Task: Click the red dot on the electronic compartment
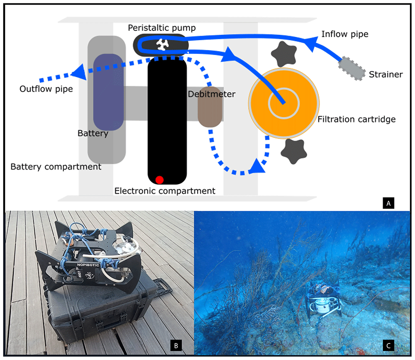tap(159, 180)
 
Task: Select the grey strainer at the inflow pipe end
tap(352, 68)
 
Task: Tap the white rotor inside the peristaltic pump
tap(162, 44)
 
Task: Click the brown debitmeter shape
tap(210, 107)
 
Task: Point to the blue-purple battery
tap(108, 92)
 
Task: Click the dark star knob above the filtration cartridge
tap(284, 54)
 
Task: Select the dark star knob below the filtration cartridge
tap(294, 151)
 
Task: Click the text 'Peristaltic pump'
tap(162, 28)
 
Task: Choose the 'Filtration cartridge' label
tap(356, 119)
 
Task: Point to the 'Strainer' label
tap(386, 74)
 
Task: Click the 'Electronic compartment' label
tap(165, 191)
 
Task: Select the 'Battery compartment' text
tap(56, 167)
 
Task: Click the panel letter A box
tap(388, 203)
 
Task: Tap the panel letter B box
tap(176, 345)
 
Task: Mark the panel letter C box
tap(388, 345)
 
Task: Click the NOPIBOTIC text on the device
tap(88, 265)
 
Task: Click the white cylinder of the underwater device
tap(322, 305)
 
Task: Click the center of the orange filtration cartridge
tap(284, 103)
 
